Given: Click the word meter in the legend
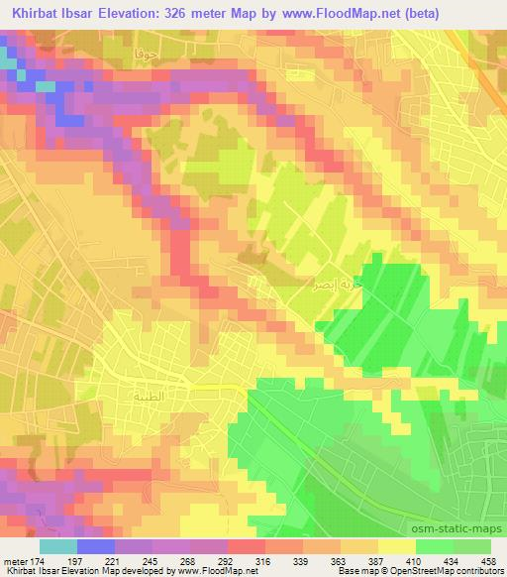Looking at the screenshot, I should tap(16, 560).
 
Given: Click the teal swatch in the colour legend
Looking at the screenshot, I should tap(57, 546).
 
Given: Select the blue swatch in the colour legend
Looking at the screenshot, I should tap(95, 546).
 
